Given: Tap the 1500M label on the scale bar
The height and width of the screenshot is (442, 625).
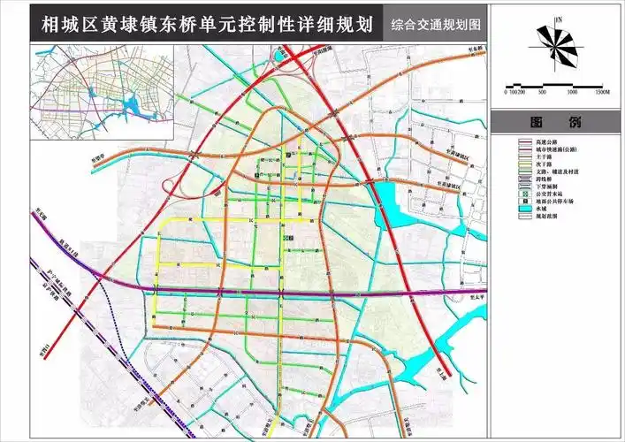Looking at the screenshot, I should point(603,91).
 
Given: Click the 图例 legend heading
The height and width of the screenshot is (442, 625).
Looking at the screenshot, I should point(556,122).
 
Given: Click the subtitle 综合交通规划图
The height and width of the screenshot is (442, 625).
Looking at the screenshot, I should point(438,25).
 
